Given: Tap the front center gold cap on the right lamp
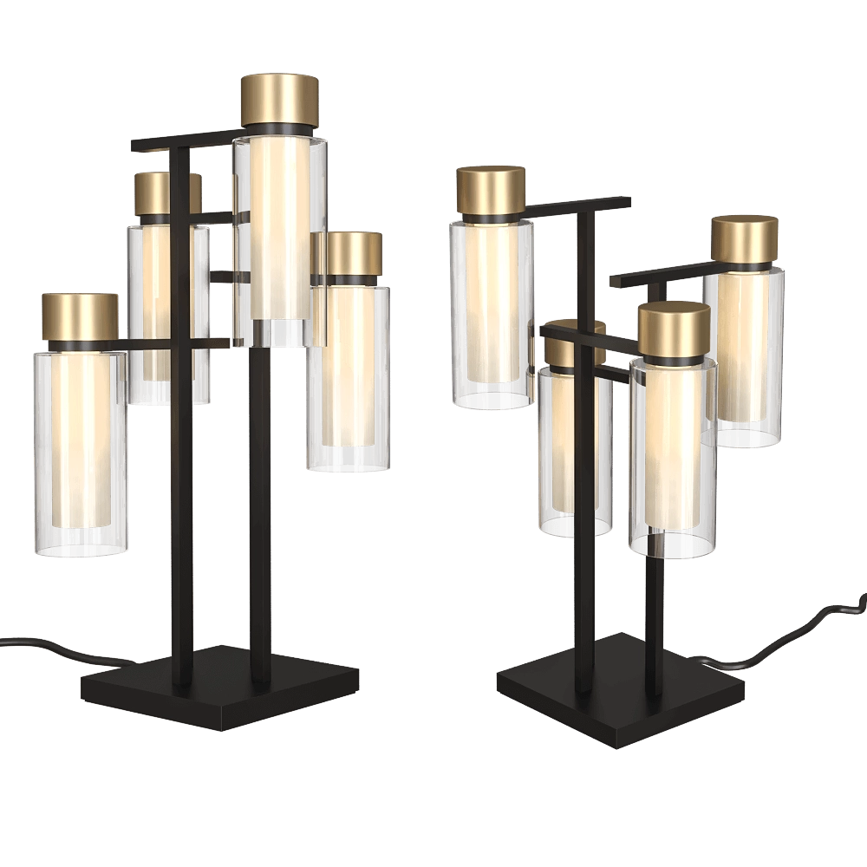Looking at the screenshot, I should [x=674, y=328].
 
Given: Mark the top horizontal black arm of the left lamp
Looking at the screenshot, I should [x=173, y=142].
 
